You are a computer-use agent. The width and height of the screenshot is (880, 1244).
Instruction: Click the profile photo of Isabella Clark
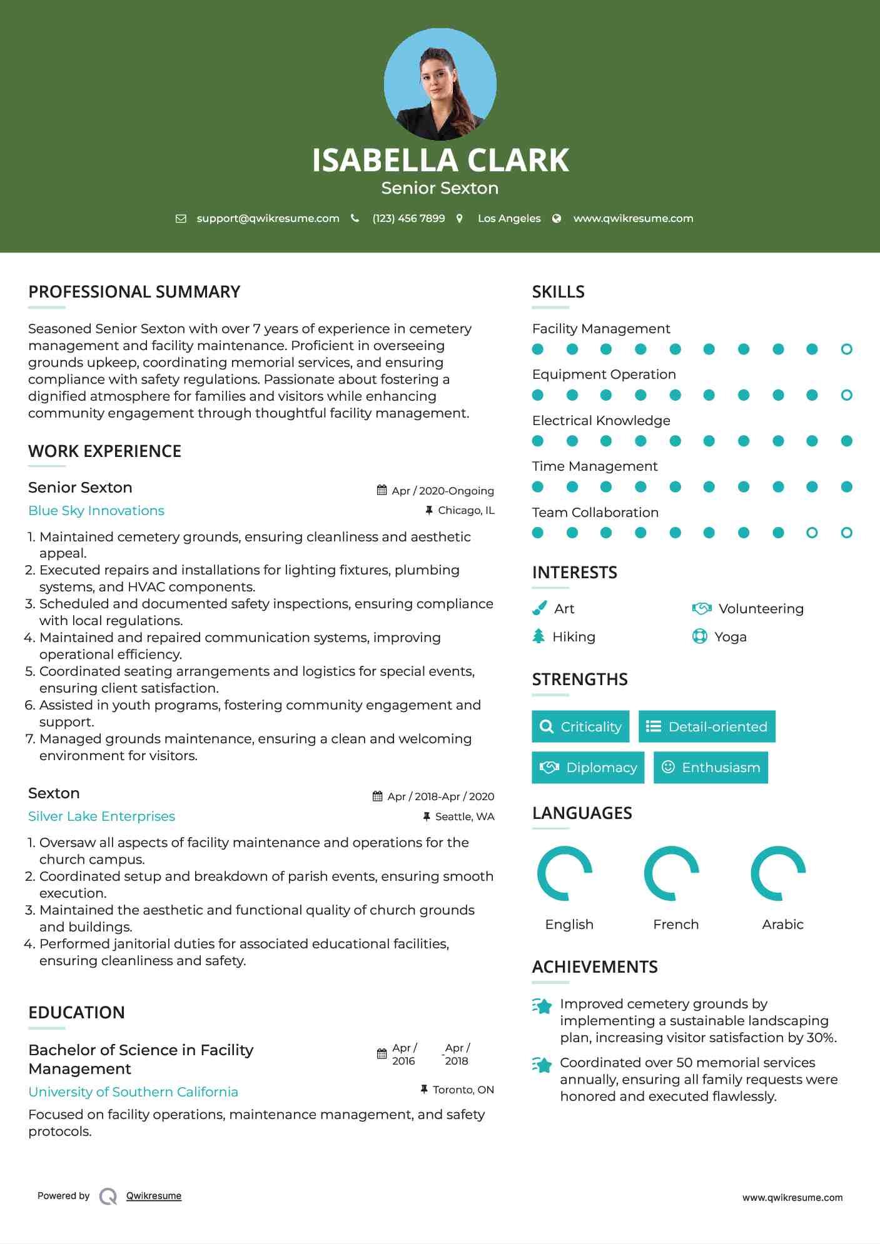point(440,84)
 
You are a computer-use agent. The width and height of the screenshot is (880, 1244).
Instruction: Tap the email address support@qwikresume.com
point(268,218)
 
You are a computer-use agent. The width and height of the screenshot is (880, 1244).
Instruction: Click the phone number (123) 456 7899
point(408,218)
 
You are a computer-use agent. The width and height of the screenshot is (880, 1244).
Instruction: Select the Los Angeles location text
point(509,218)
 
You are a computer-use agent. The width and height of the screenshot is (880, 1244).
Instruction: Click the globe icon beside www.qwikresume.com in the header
point(557,218)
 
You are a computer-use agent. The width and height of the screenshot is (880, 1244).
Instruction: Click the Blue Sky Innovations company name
point(96,511)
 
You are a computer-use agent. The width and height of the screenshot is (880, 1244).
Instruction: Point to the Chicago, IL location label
point(466,511)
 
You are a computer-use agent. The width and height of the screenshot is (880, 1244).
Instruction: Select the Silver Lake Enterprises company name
point(101,816)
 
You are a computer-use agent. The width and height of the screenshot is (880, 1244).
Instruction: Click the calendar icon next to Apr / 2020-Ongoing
point(382,491)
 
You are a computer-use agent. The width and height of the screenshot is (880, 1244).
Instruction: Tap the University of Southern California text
point(133,1092)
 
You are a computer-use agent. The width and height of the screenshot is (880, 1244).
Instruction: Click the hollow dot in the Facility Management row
point(846,349)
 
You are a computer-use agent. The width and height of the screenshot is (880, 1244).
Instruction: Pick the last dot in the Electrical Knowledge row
point(846,441)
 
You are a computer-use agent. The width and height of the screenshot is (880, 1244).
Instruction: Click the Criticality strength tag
point(580,726)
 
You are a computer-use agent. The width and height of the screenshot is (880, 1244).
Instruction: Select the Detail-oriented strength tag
point(707,726)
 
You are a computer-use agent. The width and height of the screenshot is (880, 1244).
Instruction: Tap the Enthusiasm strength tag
point(711,768)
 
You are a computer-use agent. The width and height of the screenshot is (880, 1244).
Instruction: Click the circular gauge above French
point(671,873)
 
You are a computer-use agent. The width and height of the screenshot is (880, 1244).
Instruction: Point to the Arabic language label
point(782,925)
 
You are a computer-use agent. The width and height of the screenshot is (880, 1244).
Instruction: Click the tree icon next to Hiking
point(539,636)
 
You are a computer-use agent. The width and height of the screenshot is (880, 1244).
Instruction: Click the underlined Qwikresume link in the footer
point(154,1196)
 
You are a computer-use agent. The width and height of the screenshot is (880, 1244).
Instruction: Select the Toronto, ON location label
point(463,1090)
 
